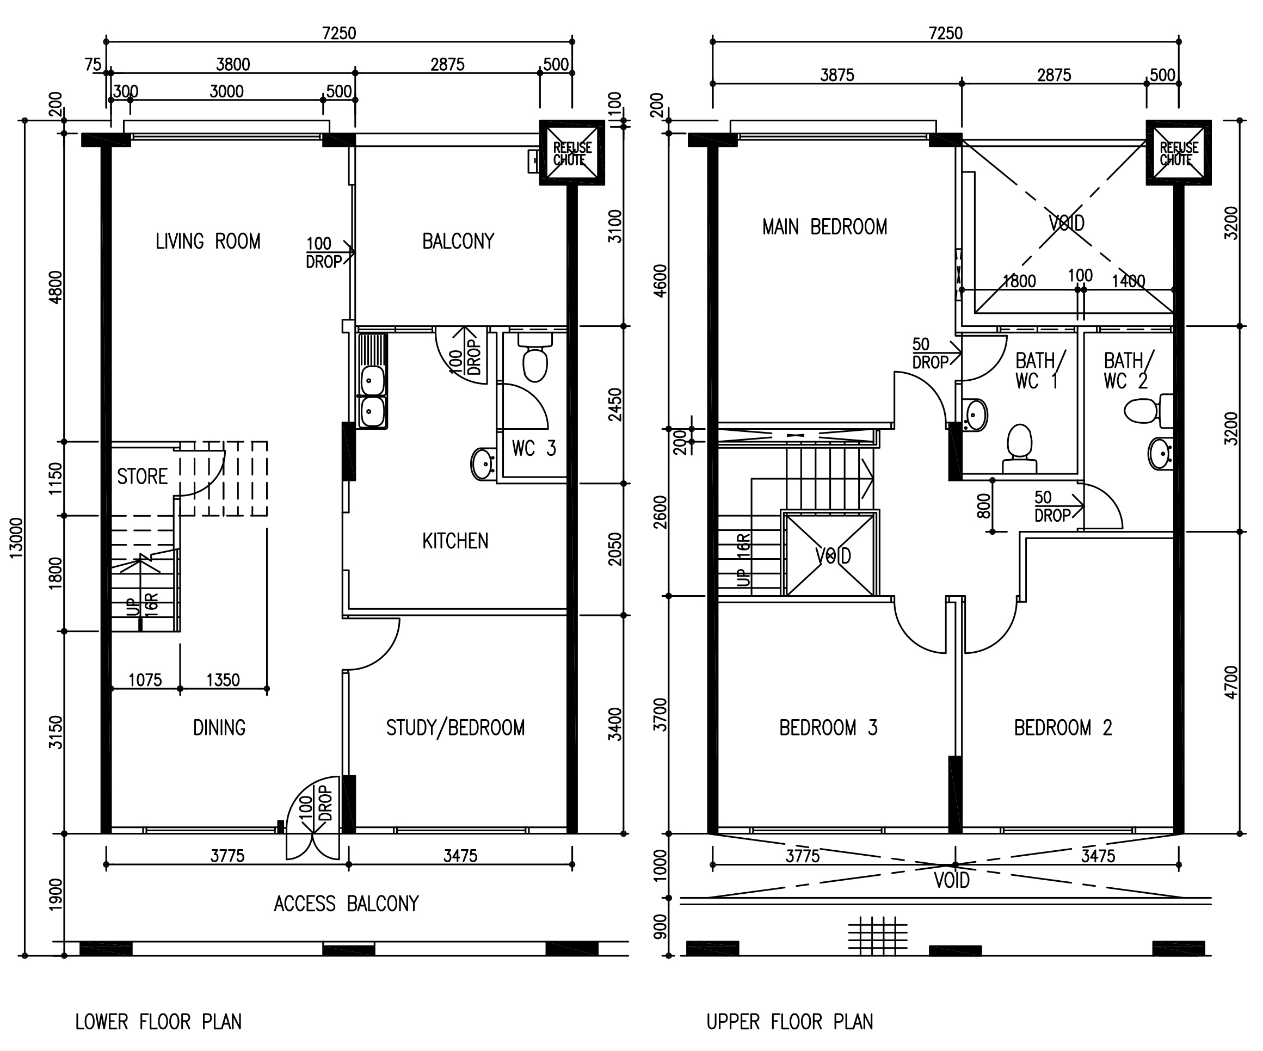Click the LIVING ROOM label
(208, 241)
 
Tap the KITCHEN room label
(455, 541)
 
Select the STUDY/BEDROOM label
(455, 727)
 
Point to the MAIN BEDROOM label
(824, 227)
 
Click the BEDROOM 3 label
(828, 727)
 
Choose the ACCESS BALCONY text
(347, 904)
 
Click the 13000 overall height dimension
(16, 537)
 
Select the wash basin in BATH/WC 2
(1160, 454)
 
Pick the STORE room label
(142, 476)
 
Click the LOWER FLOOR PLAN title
(158, 1022)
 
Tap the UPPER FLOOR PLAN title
(790, 1022)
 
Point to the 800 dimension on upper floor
(983, 506)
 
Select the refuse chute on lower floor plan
(572, 153)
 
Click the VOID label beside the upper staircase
(833, 555)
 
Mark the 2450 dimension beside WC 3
(615, 404)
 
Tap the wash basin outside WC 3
(482, 463)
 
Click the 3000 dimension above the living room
(227, 91)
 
